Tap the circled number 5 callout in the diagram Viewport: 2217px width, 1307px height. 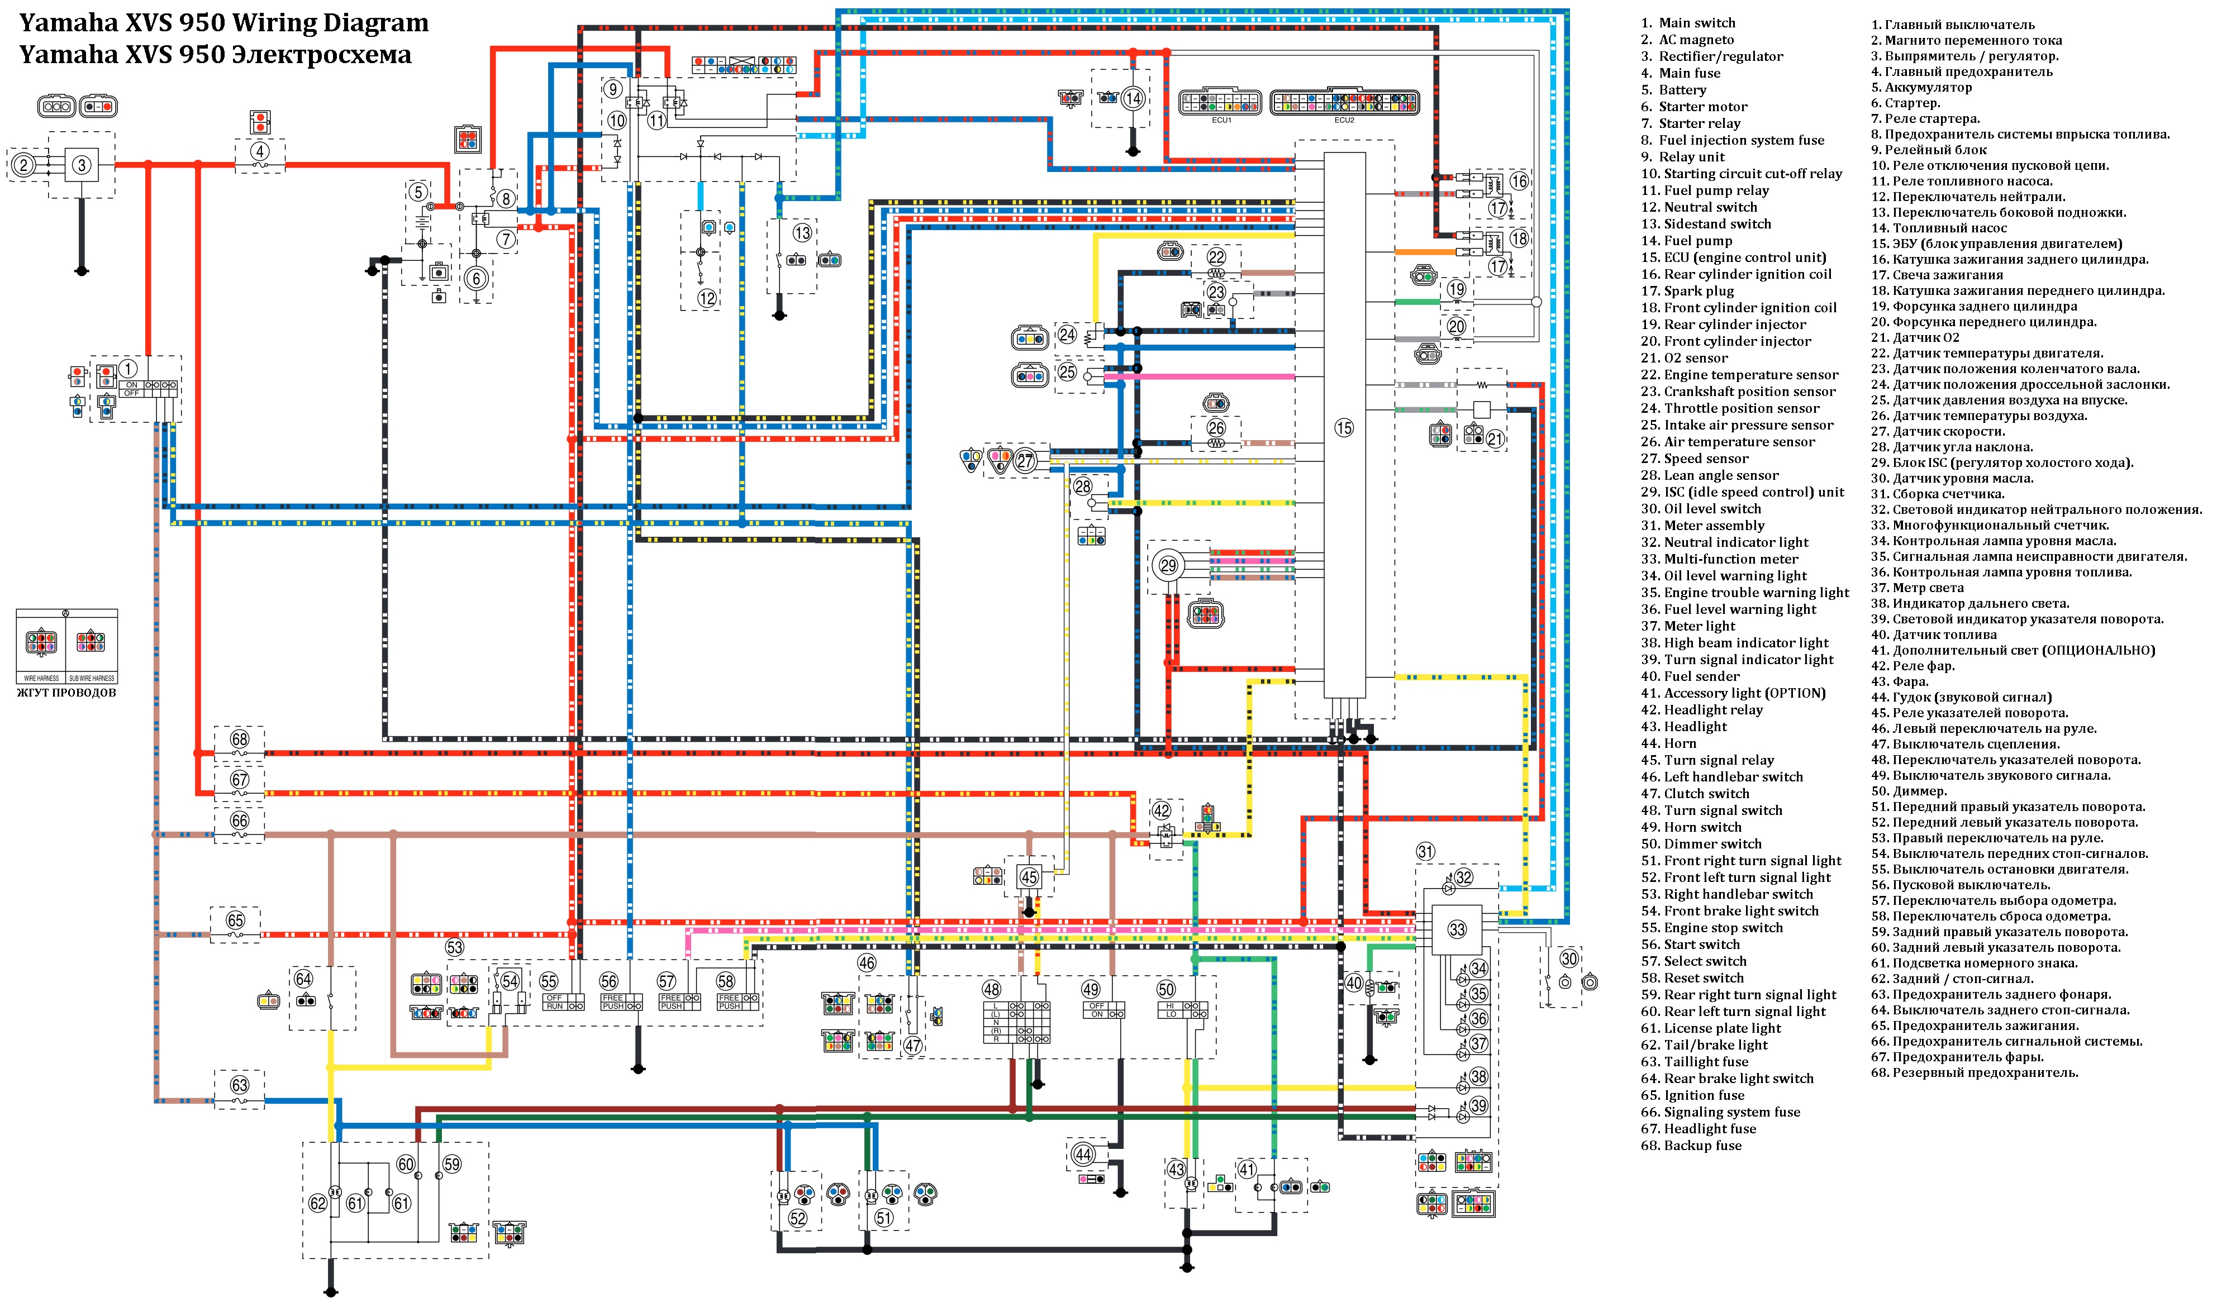pos(418,192)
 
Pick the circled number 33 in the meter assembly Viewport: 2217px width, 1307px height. pos(1457,929)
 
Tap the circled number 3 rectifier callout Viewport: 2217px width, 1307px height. pos(82,165)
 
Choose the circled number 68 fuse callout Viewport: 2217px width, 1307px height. pos(240,739)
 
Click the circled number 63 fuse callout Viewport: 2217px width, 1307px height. pos(240,1085)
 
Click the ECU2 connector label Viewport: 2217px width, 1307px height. pos(1344,120)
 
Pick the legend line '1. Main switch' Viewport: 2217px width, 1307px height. pos(1687,23)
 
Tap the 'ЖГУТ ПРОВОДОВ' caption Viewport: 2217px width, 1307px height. pos(67,692)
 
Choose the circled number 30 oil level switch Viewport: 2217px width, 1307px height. pos(1569,958)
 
